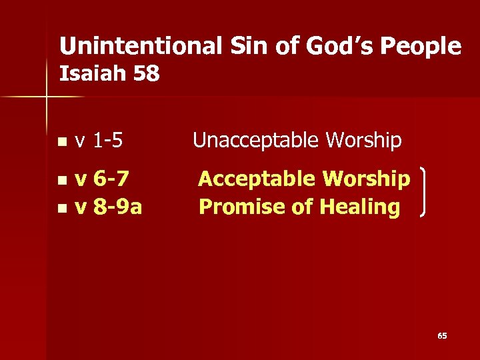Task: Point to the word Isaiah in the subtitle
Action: click(93, 73)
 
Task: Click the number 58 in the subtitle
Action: click(146, 73)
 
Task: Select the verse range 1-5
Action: click(108, 141)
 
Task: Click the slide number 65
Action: click(442, 336)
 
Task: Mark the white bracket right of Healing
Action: click(425, 193)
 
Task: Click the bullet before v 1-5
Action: click(61, 142)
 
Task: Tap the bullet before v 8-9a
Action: click(61, 208)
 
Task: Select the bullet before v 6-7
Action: click(61, 180)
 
